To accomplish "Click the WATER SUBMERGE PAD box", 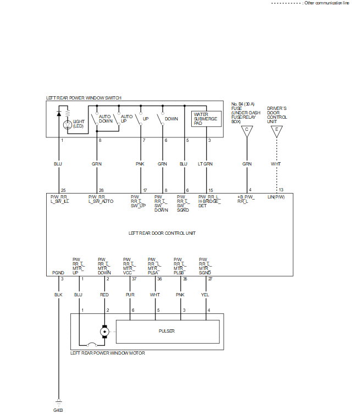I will (206, 119).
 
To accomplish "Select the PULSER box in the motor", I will (166, 331).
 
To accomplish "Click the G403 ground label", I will (58, 410).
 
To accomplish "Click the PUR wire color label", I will (130, 295).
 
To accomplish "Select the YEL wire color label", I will (206, 295).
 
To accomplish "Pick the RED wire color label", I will (104, 295).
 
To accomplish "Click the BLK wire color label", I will (58, 295).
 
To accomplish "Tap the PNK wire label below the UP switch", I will (140, 164).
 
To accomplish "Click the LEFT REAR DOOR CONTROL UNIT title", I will (162, 233).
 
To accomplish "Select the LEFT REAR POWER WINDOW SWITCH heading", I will (84, 98).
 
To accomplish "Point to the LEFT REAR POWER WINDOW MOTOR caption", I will (108, 353).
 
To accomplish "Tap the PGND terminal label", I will (58, 272).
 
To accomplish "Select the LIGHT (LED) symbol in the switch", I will (68, 124).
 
